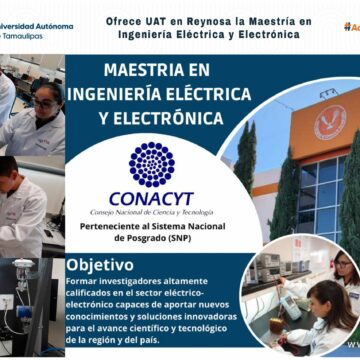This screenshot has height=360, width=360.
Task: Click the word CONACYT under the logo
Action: click(151, 198)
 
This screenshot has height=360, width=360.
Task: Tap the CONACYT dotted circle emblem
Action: click(151, 164)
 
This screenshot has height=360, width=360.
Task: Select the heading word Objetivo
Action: click(100, 265)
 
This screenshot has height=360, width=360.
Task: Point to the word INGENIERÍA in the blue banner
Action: click(112, 95)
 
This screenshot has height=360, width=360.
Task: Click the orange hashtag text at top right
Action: click(350, 27)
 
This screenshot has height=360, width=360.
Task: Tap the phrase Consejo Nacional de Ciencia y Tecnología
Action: click(151, 212)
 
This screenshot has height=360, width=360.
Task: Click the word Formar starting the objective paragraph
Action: click(84, 281)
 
